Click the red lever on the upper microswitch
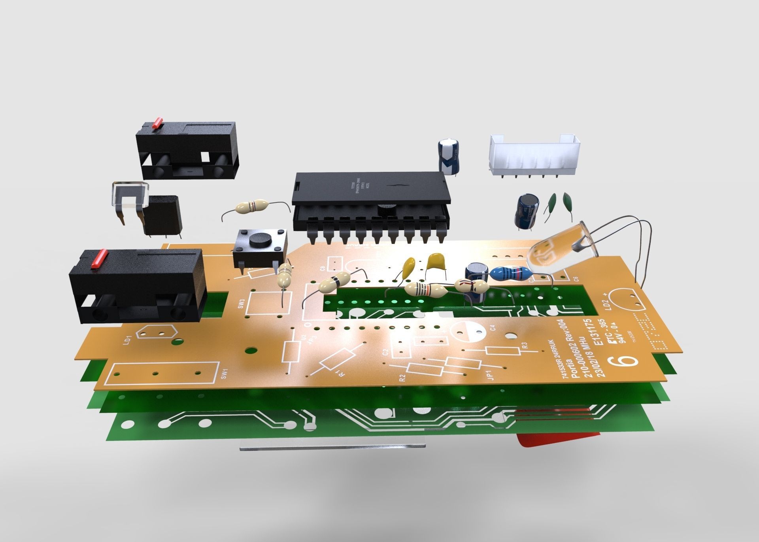[158, 123]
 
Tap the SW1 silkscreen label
[225, 374]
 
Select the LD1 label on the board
[127, 339]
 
